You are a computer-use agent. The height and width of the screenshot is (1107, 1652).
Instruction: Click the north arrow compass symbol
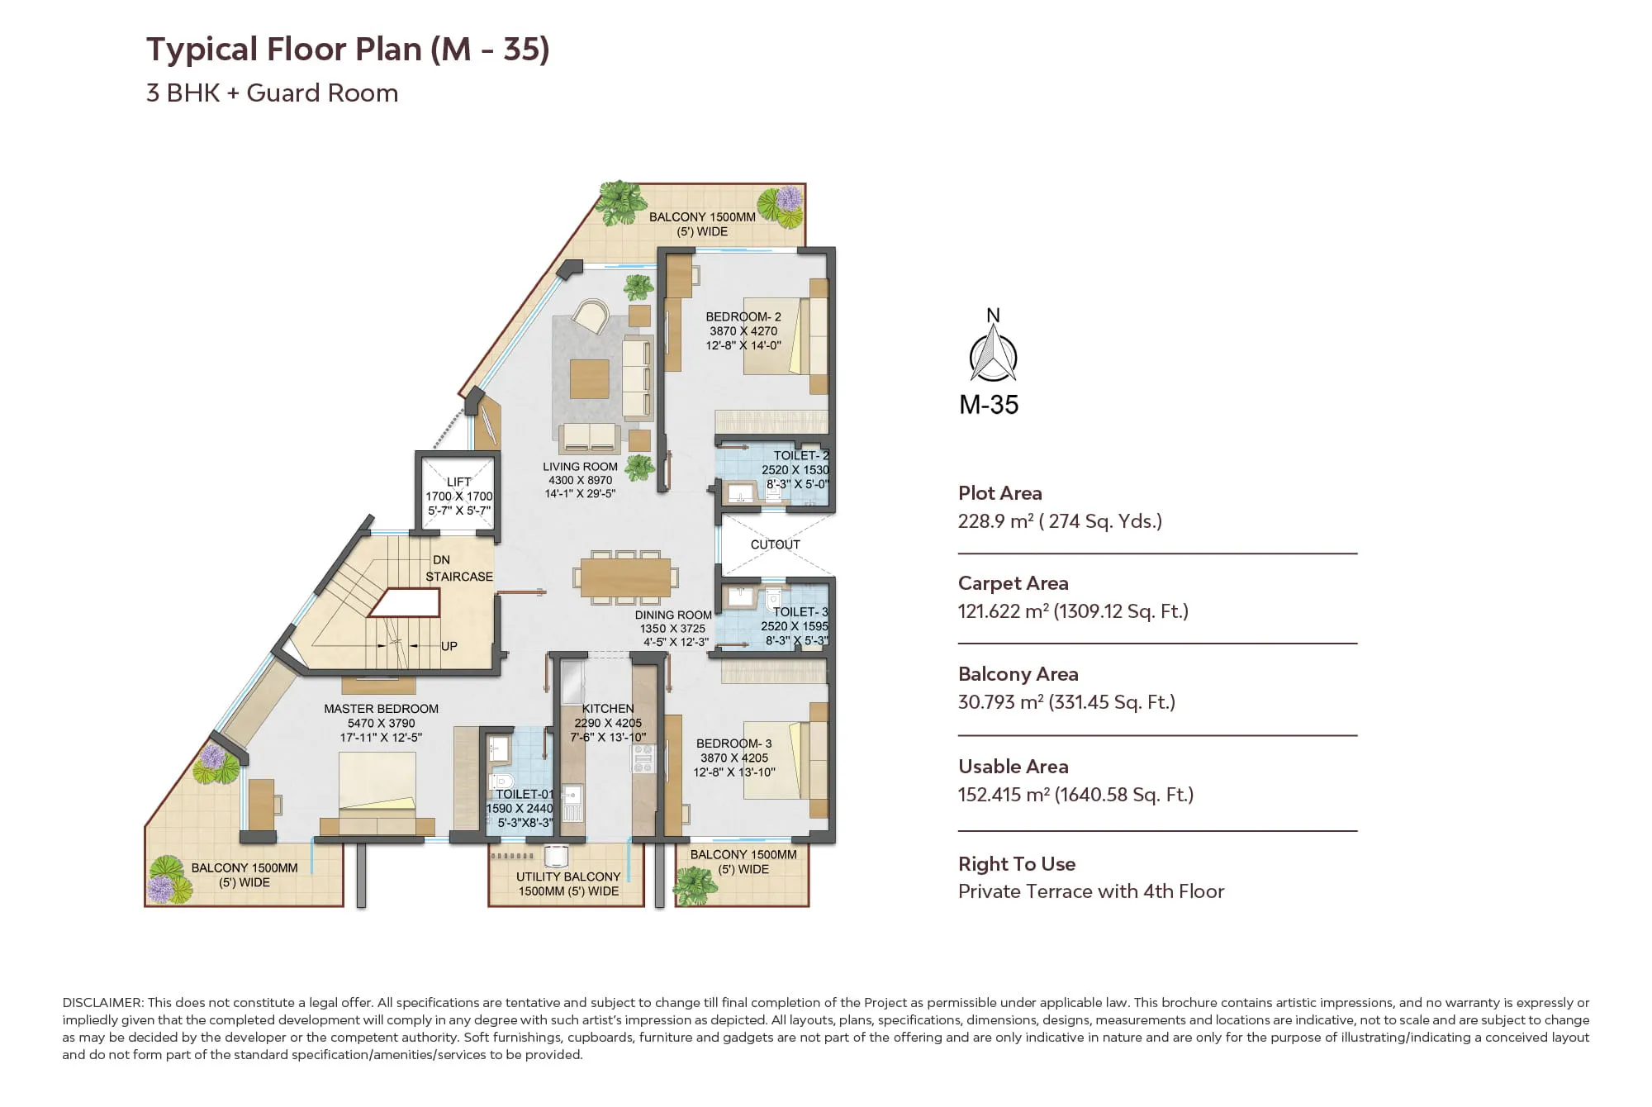coord(993,353)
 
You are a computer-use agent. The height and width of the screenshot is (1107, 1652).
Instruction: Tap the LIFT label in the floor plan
coord(458,482)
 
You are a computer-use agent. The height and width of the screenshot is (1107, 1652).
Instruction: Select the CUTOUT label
coord(775,544)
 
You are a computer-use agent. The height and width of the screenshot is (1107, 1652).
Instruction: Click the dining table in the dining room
coord(625,577)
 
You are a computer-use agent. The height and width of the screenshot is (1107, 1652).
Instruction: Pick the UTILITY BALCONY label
coord(568,877)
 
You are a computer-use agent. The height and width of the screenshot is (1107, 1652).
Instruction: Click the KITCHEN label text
coord(608,708)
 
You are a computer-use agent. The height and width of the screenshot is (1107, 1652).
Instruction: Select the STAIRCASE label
coord(459,577)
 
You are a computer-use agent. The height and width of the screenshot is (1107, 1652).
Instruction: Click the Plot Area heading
coord(999,493)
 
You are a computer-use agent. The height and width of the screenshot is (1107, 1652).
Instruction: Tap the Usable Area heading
coord(1013,767)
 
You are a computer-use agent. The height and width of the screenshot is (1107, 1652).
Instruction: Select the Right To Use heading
coord(1017,864)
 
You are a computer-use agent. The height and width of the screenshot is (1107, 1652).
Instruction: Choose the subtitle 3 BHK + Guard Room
coord(272,93)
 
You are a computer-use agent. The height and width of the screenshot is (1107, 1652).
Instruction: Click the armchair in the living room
coord(591,316)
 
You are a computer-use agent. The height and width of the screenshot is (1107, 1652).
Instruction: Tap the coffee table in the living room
coord(590,378)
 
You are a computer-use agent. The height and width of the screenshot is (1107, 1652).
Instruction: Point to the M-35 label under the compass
coord(989,405)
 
